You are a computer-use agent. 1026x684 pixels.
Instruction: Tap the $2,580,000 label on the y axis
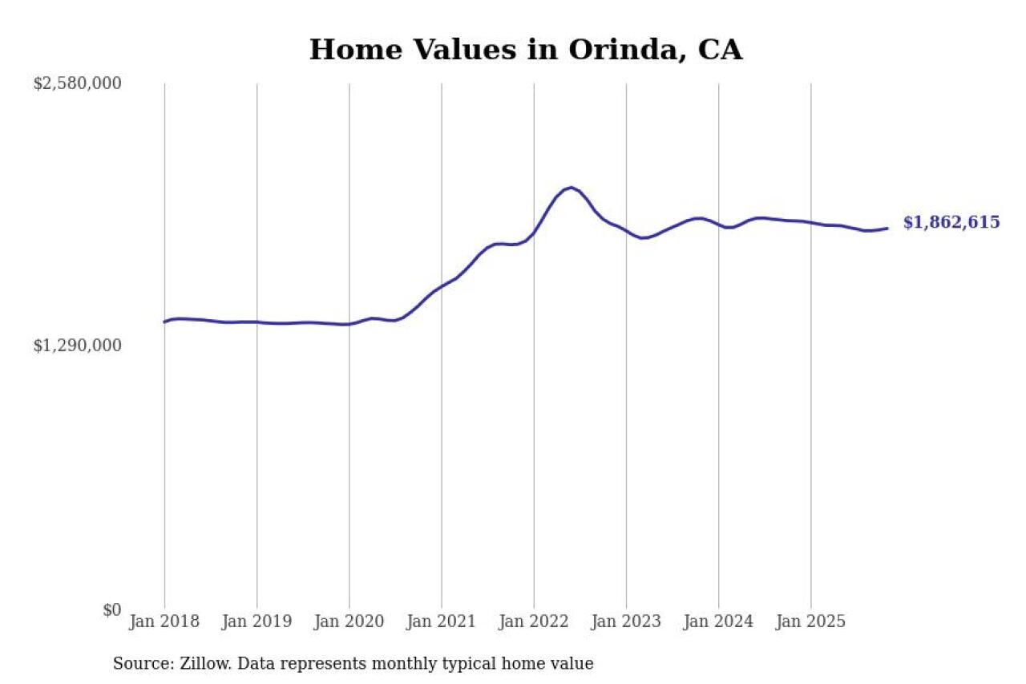[x=77, y=83]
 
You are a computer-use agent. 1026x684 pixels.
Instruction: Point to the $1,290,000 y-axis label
[x=77, y=346]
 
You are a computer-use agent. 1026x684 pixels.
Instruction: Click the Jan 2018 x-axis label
[x=164, y=621]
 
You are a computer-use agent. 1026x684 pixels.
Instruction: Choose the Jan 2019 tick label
[x=256, y=621]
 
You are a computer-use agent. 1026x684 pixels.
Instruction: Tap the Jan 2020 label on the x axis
[x=349, y=621]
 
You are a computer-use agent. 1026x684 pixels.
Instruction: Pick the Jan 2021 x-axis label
[x=441, y=621]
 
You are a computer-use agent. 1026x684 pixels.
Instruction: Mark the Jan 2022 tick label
[x=534, y=621]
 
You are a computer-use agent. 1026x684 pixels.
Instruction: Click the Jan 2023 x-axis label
[x=626, y=621]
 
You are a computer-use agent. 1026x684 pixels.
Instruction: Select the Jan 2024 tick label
[x=718, y=621]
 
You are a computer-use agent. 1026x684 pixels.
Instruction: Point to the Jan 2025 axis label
[x=810, y=621]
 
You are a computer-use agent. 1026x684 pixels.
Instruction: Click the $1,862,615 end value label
[x=951, y=223]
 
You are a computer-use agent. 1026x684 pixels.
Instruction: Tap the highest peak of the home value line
[x=570, y=188]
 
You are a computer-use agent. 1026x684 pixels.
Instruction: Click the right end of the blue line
[x=887, y=229]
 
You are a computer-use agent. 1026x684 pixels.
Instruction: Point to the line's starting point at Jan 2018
[x=164, y=322]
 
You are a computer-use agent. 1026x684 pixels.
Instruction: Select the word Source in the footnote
[x=138, y=664]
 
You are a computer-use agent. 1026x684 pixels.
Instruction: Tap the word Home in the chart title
[x=345, y=50]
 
